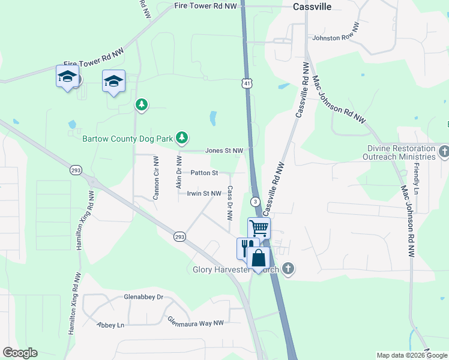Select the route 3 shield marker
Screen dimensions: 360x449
256,201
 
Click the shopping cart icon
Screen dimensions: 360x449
259,227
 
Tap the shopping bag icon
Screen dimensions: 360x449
259,258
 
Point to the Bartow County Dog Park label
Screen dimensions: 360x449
127,139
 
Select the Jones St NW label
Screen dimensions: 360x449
224,151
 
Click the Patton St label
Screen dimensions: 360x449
204,173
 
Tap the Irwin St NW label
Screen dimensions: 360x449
204,193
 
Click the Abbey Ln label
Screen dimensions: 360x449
110,325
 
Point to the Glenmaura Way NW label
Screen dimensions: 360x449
195,322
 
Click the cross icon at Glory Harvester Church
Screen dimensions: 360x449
288,268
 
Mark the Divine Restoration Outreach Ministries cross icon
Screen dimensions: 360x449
444,151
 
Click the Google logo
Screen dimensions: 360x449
20,353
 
